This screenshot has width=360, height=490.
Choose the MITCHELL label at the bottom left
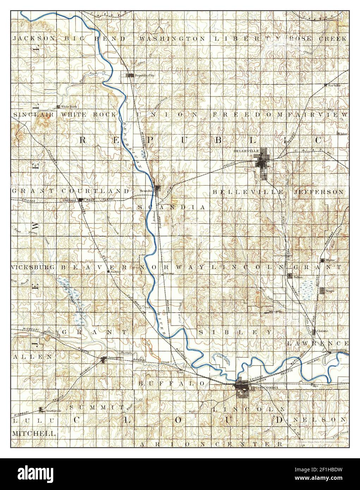click(34, 433)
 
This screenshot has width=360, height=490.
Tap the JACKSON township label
click(34, 38)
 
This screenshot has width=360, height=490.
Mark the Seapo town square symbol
click(322, 290)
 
